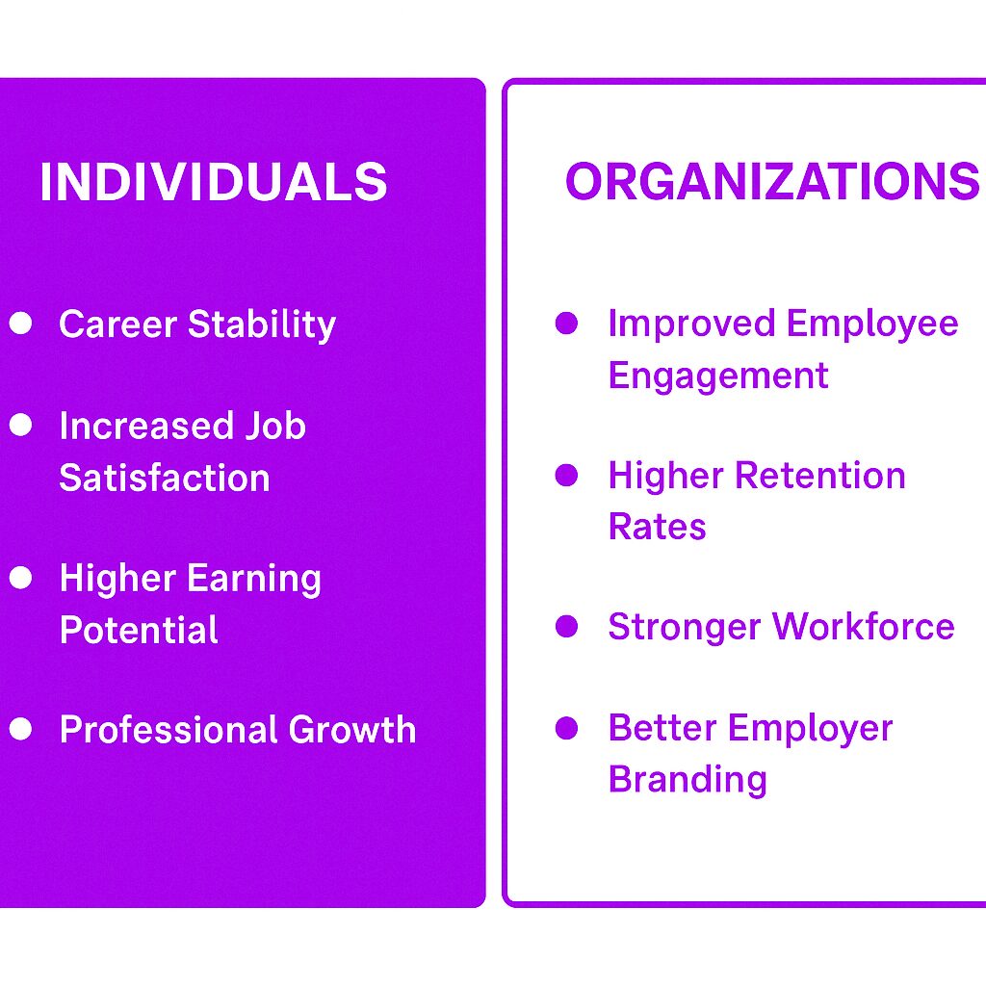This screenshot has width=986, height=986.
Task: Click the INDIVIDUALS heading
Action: [213, 181]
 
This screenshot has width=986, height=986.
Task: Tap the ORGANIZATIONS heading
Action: [773, 181]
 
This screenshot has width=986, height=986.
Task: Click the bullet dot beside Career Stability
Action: [21, 323]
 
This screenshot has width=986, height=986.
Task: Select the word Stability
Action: [262, 325]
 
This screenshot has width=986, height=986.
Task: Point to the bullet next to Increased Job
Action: [21, 425]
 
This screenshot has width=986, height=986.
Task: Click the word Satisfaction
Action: [165, 478]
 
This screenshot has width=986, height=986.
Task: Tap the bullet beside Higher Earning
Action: [21, 578]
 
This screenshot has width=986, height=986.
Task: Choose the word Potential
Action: [139, 630]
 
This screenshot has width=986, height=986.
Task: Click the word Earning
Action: [255, 580]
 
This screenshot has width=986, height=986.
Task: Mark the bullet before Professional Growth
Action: [21, 729]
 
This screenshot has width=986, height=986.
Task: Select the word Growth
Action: [352, 730]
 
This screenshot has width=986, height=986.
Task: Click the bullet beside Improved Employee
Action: [566, 323]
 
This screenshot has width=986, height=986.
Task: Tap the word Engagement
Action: [718, 376]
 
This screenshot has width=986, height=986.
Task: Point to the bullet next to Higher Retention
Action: [566, 476]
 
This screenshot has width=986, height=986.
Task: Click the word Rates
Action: [657, 527]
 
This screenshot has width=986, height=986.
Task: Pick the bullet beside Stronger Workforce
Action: [566, 626]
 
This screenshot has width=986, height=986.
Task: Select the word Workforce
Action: [864, 626]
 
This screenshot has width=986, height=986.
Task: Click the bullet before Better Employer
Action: [566, 728]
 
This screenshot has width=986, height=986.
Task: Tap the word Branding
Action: [688, 780]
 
